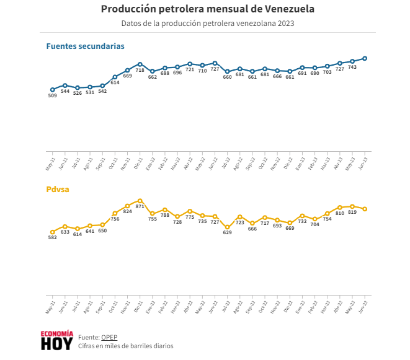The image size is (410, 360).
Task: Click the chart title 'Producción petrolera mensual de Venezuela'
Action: pyautogui.click(x=207, y=9)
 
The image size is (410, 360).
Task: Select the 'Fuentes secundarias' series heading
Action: pyautogui.click(x=85, y=46)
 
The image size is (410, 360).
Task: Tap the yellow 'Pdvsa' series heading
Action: pyautogui.click(x=58, y=190)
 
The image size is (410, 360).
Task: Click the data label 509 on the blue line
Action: pyautogui.click(x=52, y=96)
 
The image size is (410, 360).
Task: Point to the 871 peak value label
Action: pyautogui.click(x=140, y=206)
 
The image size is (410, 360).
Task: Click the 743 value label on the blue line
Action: pyautogui.click(x=352, y=67)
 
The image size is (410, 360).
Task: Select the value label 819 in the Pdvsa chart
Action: pyautogui.click(x=352, y=212)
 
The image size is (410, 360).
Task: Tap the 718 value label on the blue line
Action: pyautogui.click(x=140, y=70)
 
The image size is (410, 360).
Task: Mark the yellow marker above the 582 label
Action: pyautogui.click(x=53, y=232)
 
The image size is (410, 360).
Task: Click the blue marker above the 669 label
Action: pyautogui.click(x=127, y=70)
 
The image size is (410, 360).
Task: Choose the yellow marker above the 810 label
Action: pyautogui.click(x=340, y=208)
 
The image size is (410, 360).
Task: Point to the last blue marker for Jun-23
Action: pyautogui.click(x=365, y=58)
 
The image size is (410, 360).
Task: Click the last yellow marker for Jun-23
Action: pyautogui.click(x=365, y=209)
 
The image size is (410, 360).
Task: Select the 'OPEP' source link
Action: pyautogui.click(x=109, y=337)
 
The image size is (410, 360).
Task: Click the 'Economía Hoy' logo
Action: pyautogui.click(x=56, y=340)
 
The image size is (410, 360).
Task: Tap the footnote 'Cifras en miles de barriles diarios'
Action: pyautogui.click(x=126, y=346)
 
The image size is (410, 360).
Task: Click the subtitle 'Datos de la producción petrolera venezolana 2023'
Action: pyautogui.click(x=207, y=24)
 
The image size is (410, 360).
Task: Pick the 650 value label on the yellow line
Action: pyautogui.click(x=102, y=230)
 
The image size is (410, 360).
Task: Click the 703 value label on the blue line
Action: pyautogui.click(x=328, y=72)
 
